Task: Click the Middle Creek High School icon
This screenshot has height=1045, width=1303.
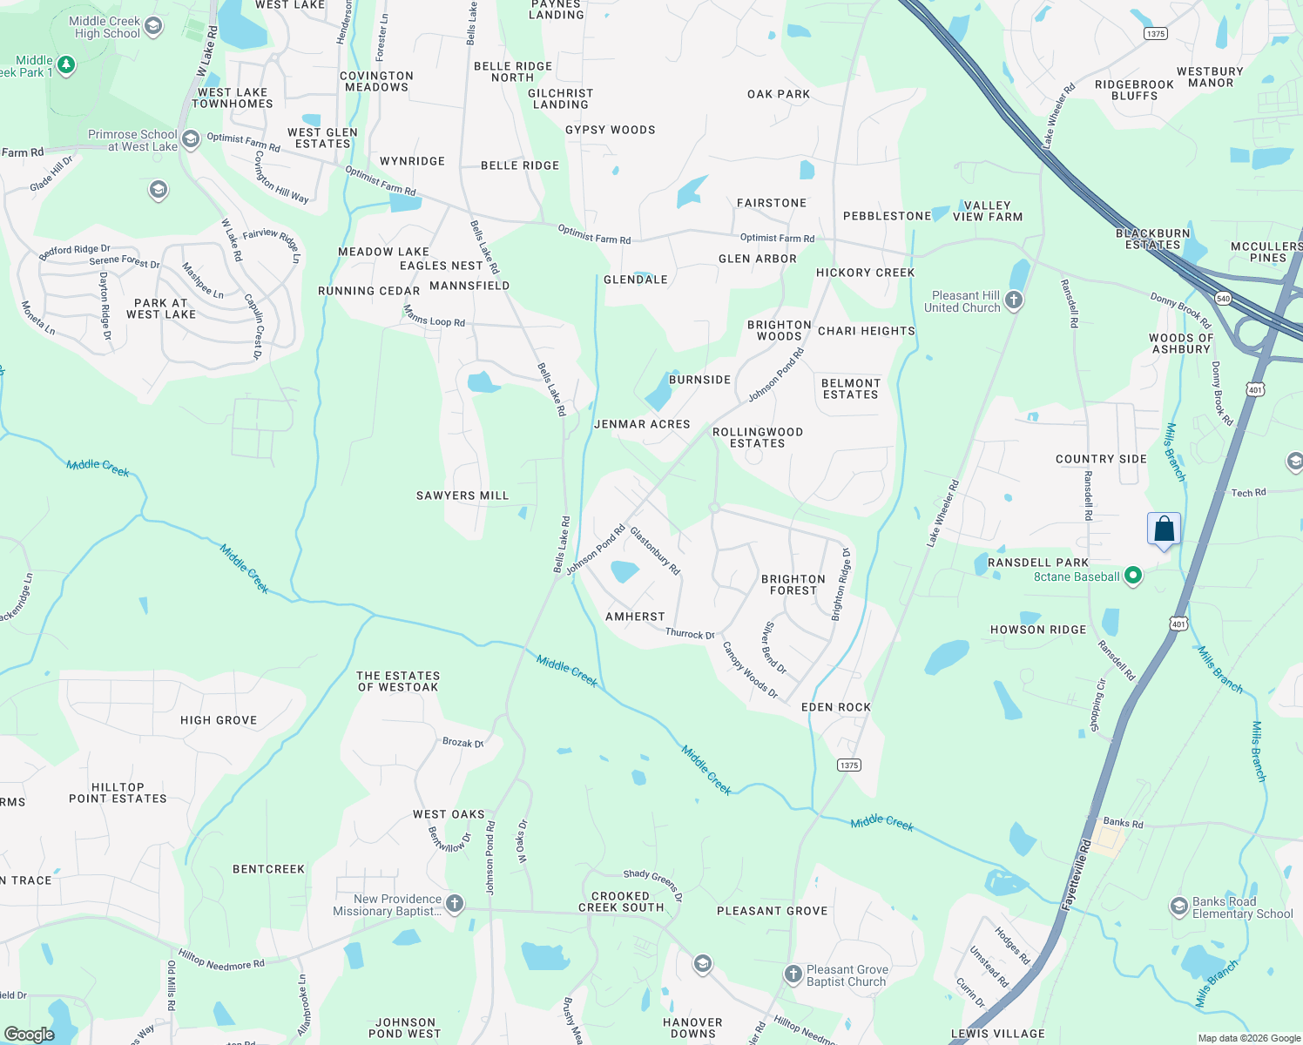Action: pos(153,26)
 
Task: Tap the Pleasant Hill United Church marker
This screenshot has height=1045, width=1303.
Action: pos(1013,300)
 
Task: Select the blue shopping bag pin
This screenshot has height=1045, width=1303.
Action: pos(1164,529)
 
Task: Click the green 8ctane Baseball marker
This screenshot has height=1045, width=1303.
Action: pos(1132,576)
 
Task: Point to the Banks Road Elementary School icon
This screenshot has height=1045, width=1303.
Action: pos(1178,907)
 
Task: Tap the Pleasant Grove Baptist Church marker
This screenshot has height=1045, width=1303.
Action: pos(793,974)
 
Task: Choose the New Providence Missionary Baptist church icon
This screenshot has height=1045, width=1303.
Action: pos(454,903)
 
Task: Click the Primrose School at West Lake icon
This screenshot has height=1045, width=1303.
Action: pos(191,138)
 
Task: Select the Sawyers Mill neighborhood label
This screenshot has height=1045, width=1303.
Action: pos(462,496)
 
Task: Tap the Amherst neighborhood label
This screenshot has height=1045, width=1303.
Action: pos(635,617)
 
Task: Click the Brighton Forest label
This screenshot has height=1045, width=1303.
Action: pos(793,584)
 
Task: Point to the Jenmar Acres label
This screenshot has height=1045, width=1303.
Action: pos(642,424)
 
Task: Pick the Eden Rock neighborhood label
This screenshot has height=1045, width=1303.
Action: pos(835,707)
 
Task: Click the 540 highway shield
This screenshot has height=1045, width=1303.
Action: pos(1224,299)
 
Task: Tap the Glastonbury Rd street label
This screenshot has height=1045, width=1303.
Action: pos(655,550)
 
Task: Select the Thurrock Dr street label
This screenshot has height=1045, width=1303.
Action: pos(690,634)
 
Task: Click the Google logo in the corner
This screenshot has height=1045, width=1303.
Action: pos(29,1034)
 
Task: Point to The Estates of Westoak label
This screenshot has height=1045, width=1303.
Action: pos(398,681)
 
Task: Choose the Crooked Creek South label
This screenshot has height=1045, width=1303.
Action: pos(621,901)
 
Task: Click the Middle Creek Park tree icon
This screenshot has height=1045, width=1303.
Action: pos(66,65)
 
